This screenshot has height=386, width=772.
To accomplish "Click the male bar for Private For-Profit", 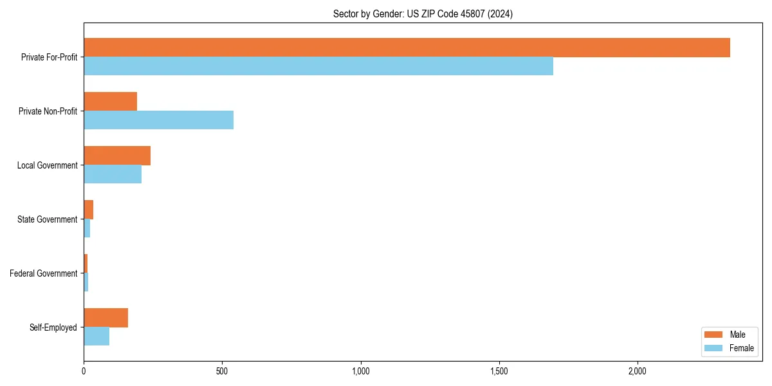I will click(407, 48).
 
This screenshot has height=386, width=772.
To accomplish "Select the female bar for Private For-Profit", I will click(318, 66).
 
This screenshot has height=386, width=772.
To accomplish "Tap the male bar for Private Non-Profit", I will click(110, 102).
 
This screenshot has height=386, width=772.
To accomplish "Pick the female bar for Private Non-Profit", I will click(158, 120).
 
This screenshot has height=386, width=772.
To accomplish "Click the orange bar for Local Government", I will click(117, 156).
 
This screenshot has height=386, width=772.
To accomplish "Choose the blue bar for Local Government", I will click(113, 174).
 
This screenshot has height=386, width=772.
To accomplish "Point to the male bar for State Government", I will click(89, 210).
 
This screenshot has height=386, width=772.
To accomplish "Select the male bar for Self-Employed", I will click(106, 318).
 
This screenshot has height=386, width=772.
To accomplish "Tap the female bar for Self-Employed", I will click(96, 336).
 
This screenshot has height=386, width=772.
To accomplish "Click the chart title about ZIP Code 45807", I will click(423, 14).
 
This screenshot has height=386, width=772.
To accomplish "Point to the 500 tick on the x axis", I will click(222, 372).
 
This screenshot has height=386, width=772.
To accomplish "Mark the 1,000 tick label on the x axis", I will click(360, 372).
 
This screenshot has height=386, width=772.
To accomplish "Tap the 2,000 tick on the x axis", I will click(638, 372).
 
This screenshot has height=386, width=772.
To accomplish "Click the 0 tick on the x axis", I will click(84, 372).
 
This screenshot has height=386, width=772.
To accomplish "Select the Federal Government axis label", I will click(43, 273).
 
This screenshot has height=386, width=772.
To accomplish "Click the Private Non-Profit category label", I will click(48, 111).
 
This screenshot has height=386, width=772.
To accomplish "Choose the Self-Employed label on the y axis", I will click(53, 327).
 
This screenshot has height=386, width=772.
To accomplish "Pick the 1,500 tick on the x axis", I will click(499, 372).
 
